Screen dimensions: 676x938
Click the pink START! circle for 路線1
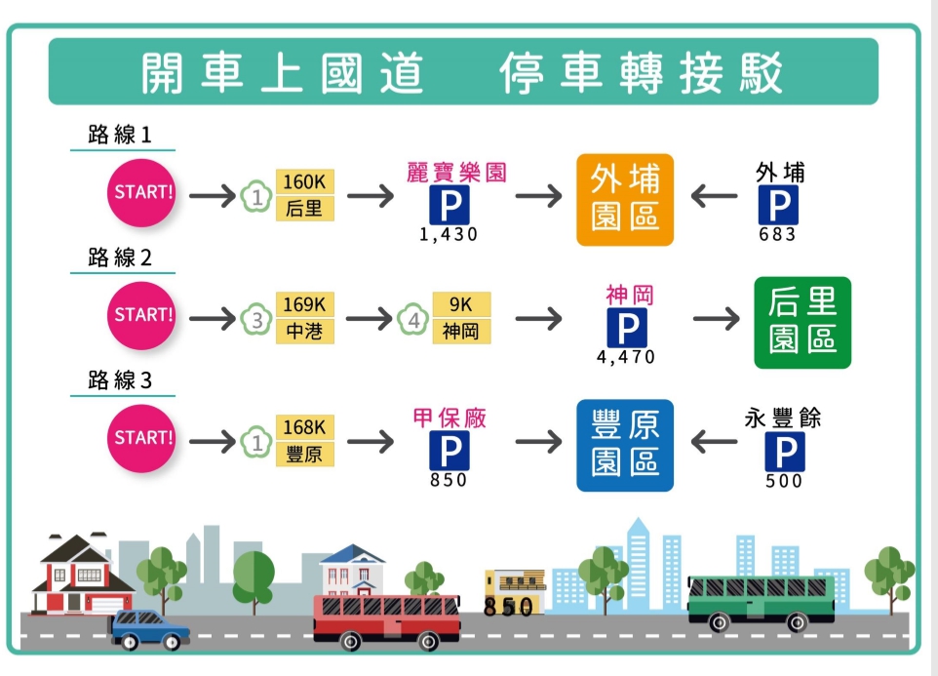click(x=143, y=192)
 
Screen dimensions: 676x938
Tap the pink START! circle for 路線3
click(x=143, y=438)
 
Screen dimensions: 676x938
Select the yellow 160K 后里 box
click(x=305, y=195)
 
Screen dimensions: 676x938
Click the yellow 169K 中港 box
click(x=305, y=318)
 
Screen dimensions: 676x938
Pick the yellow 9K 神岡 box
click(x=460, y=318)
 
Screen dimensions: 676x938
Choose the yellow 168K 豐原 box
click(x=305, y=441)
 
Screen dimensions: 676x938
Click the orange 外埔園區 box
click(x=625, y=199)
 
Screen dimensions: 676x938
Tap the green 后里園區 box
click(x=802, y=323)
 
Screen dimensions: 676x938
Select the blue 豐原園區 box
click(x=625, y=444)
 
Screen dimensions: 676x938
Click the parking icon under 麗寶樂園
click(x=449, y=206)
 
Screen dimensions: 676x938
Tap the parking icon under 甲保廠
click(x=449, y=452)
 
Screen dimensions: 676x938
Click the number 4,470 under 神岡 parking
click(x=626, y=358)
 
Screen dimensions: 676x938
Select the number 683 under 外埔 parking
click(x=778, y=235)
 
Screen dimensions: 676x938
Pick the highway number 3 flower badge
click(x=256, y=319)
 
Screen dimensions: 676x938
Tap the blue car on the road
click(x=150, y=628)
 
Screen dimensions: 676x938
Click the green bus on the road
click(x=762, y=600)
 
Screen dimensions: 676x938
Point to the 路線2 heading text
click(x=120, y=258)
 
